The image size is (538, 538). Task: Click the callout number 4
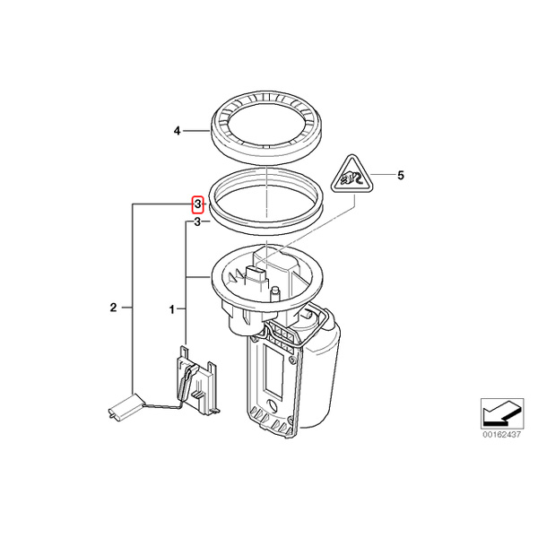click(x=177, y=131)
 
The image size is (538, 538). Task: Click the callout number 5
click(x=401, y=176)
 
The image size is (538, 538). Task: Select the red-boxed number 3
click(x=197, y=204)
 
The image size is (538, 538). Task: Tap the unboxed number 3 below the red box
click(x=197, y=222)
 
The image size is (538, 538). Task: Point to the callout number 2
click(x=114, y=308)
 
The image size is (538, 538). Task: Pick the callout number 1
click(x=172, y=310)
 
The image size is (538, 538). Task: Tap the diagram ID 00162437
click(x=502, y=435)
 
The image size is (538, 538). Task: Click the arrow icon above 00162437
click(x=502, y=413)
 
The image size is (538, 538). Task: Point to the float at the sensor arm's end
click(x=126, y=406)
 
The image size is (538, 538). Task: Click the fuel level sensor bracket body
click(x=198, y=381)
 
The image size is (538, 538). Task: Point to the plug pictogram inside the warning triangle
click(x=351, y=178)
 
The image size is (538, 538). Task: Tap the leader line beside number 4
click(x=196, y=131)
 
